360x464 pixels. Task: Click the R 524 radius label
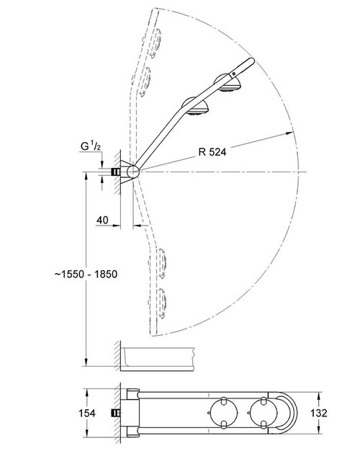coord(214,152)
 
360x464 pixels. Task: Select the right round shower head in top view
coord(261,413)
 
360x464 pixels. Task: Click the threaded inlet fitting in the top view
coord(114,413)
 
